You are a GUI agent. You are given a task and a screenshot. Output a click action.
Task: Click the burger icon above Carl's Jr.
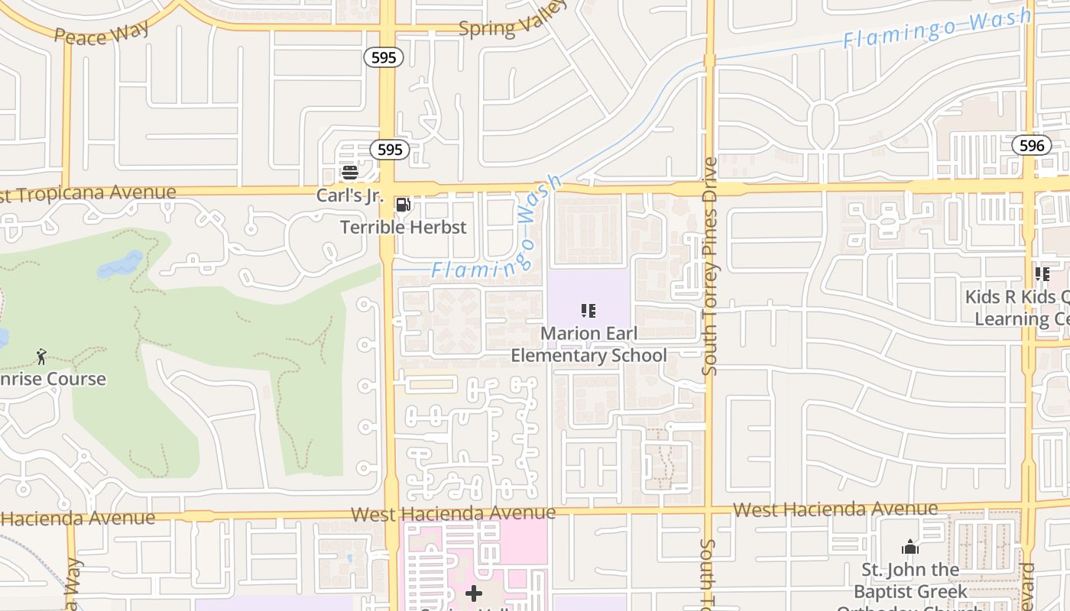(x=350, y=173)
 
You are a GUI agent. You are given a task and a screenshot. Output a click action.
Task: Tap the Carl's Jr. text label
(x=349, y=196)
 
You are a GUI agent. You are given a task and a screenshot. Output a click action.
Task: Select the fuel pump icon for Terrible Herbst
(x=403, y=205)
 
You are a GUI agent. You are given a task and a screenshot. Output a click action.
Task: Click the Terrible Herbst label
(x=403, y=227)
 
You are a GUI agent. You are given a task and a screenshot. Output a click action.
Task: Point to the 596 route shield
(x=1032, y=145)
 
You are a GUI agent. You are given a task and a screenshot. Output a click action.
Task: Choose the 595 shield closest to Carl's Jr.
(x=390, y=150)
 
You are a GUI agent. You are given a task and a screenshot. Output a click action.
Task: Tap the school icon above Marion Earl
(x=588, y=311)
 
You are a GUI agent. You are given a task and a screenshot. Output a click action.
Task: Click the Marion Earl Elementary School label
(x=588, y=344)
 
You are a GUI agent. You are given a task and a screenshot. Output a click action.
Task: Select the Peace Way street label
(x=102, y=33)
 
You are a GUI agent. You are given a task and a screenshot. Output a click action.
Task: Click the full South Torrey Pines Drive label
(x=710, y=266)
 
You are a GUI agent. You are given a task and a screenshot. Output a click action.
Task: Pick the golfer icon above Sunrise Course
(x=41, y=356)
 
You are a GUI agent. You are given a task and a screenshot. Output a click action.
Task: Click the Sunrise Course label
(x=53, y=379)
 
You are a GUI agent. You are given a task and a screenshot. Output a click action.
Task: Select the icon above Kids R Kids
(x=1042, y=273)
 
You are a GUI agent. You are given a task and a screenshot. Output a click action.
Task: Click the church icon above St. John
(x=909, y=547)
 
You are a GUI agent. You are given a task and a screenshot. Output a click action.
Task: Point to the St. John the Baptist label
(x=909, y=580)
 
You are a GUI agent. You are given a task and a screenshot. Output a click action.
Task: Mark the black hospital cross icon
(x=474, y=593)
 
